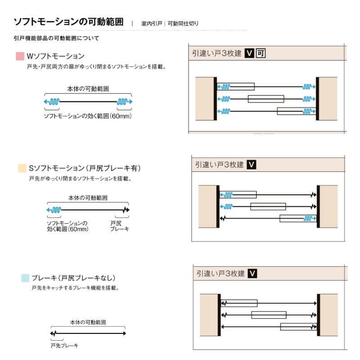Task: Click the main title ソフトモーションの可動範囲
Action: pyautogui.click(x=69, y=22)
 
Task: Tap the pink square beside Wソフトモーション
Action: pyautogui.click(x=20, y=56)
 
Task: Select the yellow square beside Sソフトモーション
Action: pyautogui.click(x=22, y=168)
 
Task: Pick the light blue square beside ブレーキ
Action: pyautogui.click(x=25, y=278)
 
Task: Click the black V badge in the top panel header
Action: pyautogui.click(x=249, y=53)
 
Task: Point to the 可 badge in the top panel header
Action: pyautogui.click(x=261, y=53)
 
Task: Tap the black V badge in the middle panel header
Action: pyautogui.click(x=252, y=165)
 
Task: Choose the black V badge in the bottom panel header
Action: pyautogui.click(x=252, y=274)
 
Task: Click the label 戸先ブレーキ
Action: pyautogui.click(x=64, y=346)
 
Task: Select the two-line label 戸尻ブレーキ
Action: pyautogui.click(x=119, y=226)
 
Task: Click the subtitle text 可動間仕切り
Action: pyautogui.click(x=183, y=23)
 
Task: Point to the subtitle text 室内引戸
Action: pyautogui.click(x=152, y=23)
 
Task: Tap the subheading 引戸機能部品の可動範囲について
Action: pyautogui.click(x=57, y=38)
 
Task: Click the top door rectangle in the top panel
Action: pyautogui.click(x=236, y=86)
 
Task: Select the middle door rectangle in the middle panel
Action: pyautogui.click(x=268, y=207)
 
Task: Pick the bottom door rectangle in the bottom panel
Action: pyautogui.click(x=298, y=327)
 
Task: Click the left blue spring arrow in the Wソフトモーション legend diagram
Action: pyautogui.click(x=52, y=102)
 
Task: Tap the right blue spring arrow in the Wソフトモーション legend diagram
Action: pyautogui.click(x=125, y=102)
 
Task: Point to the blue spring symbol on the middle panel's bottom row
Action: pyautogui.click(x=310, y=218)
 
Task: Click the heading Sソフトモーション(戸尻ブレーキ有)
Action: pyautogui.click(x=85, y=168)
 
